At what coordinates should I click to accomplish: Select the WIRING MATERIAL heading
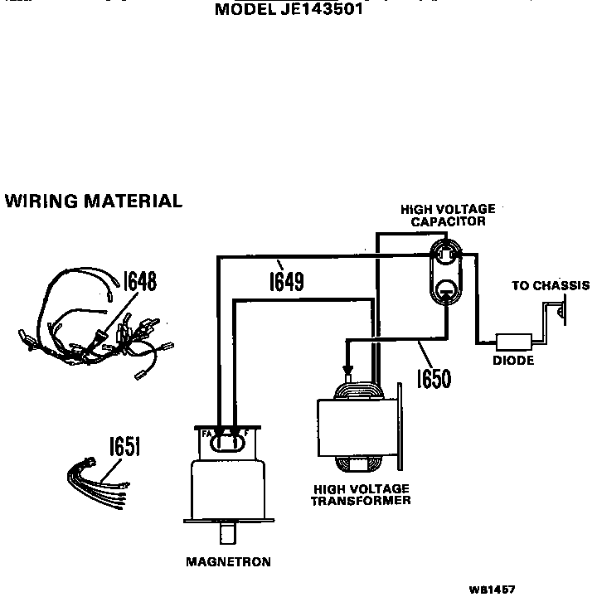[93, 201]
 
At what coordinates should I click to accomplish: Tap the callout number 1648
[140, 281]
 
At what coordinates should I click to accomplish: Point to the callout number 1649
[285, 281]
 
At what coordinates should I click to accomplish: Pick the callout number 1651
[124, 448]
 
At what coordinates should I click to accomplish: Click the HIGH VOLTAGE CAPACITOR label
[447, 216]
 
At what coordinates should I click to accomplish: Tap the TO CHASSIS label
[550, 286]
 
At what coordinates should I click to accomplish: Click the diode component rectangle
[514, 342]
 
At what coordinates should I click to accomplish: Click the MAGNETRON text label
[228, 561]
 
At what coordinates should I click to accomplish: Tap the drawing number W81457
[492, 589]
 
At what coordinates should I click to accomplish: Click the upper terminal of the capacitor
[446, 252]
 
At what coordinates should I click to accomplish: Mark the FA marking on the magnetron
[206, 434]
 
